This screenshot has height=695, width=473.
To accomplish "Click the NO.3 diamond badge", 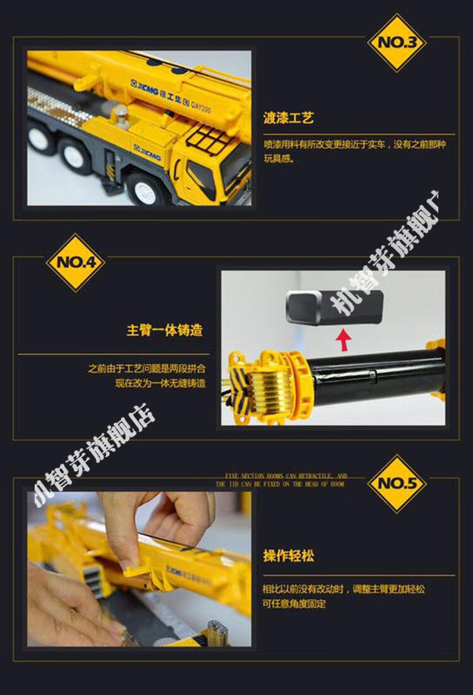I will tap(397, 42).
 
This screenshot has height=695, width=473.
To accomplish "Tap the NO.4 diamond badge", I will tap(76, 262).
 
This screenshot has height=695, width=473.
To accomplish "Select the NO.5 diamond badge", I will tap(397, 483).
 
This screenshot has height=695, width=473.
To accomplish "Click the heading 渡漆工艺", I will tap(288, 118).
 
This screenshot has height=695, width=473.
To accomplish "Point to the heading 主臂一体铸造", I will tap(165, 330).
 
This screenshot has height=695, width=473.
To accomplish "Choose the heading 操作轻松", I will tap(288, 556).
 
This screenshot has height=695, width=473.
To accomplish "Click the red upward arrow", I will tap(344, 339).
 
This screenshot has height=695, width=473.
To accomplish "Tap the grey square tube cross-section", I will tap(334, 307).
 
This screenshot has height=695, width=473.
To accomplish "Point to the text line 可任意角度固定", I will tap(295, 604).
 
